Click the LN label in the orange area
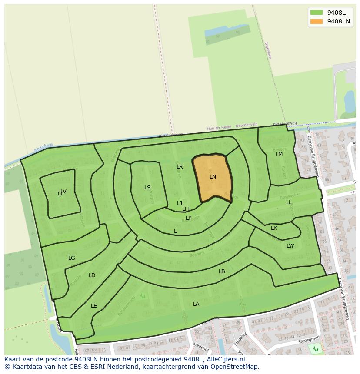[213, 177]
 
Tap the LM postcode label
[279, 154]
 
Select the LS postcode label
[147, 188]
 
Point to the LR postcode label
[180, 167]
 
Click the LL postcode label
[289, 202]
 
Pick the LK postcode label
[274, 228]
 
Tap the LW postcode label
[290, 246]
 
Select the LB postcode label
[222, 271]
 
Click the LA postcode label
[196, 304]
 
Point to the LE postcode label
[94, 306]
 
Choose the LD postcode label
[92, 275]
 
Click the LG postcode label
[72, 258]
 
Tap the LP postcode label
[188, 218]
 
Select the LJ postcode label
[180, 203]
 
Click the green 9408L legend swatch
[317, 12]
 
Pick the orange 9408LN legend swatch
[317, 21]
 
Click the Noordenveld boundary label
[247, 126]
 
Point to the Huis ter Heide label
[219, 128]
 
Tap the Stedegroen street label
[309, 341]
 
